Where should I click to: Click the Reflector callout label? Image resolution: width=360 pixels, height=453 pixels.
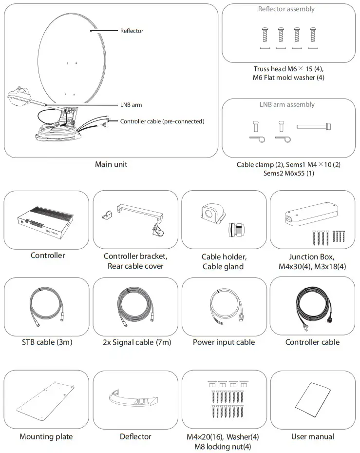point(132,31)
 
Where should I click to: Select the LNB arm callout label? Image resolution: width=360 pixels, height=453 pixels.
point(131,104)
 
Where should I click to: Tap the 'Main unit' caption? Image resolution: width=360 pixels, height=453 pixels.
point(111,164)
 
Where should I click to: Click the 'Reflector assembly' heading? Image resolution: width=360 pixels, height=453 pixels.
point(286,9)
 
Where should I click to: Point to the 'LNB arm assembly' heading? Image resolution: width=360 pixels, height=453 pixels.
point(286,104)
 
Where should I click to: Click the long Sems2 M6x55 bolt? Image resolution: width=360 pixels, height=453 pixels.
point(314,126)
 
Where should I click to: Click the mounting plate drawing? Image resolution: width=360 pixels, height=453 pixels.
point(47,399)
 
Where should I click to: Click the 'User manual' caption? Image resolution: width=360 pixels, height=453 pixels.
point(313,436)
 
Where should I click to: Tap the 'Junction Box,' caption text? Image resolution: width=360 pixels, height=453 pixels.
point(312,256)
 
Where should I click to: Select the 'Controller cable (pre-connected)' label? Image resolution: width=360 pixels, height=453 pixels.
point(162,121)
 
